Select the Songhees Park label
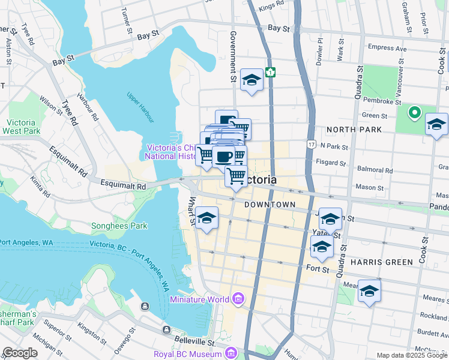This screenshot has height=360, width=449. click(119, 226)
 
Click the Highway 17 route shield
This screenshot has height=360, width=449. click(310, 145)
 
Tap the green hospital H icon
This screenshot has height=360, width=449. click(271, 72)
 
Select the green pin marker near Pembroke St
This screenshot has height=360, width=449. click(414, 112)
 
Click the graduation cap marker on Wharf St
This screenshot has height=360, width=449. click(206, 219)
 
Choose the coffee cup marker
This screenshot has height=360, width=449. click(223, 157)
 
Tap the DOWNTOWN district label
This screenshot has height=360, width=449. click(270, 205)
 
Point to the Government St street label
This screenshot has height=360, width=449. click(233, 58)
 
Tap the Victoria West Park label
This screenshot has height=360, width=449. click(22, 126)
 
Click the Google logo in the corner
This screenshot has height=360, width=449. click(20, 353)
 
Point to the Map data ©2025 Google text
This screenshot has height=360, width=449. click(412, 355)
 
